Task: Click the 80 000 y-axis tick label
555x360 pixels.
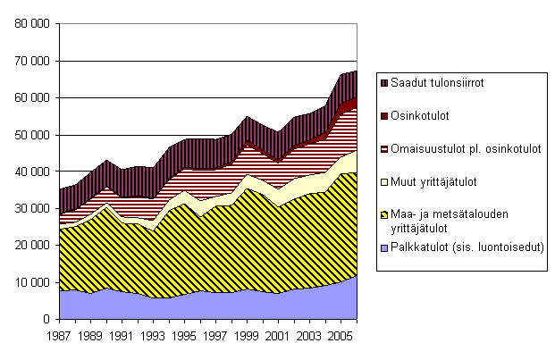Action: click(29, 24)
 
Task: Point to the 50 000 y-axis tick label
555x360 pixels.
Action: click(29, 135)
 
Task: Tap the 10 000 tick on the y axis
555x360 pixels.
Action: click(29, 282)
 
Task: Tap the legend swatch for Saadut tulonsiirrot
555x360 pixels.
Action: click(384, 82)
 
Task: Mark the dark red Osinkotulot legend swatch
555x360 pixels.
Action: click(384, 115)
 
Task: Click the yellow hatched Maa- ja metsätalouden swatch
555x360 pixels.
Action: click(384, 214)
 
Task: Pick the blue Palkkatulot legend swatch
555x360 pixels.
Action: click(384, 247)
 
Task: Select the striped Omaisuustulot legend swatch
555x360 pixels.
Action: click(384, 148)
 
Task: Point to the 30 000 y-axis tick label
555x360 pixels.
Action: click(29, 208)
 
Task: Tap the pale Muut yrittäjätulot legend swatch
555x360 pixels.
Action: click(384, 181)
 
